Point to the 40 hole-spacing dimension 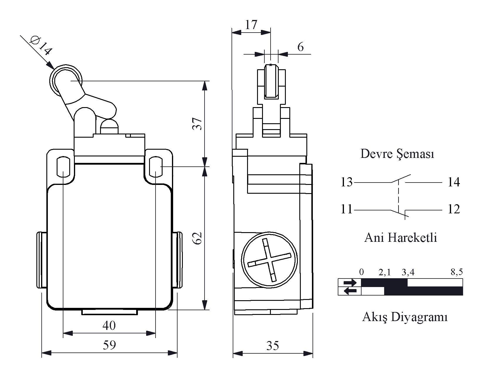(x=109, y=325)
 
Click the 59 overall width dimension (x=109, y=345)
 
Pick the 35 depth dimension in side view (x=273, y=345)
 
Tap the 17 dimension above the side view (x=251, y=25)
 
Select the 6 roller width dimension (x=300, y=47)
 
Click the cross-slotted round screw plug (x=269, y=260)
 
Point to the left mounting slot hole (x=64, y=167)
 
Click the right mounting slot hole (x=156, y=167)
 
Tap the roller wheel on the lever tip (x=66, y=81)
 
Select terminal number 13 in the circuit (x=347, y=182)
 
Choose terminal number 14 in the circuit (x=454, y=182)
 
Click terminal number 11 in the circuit (x=347, y=209)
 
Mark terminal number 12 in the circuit (x=454, y=209)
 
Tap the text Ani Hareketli (x=401, y=237)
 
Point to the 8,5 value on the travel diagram (x=457, y=272)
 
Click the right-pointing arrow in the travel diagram (x=350, y=283)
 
